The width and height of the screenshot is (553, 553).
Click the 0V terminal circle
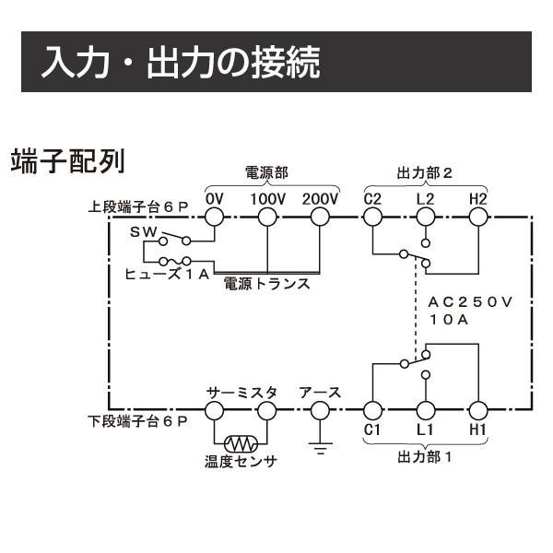click(214, 217)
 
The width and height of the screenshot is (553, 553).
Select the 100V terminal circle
click(267, 217)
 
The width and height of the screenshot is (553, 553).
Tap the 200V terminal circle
click(320, 217)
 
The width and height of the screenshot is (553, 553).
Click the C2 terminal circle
click(372, 217)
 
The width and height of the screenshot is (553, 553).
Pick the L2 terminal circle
click(425, 217)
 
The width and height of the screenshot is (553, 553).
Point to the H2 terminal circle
click(477, 217)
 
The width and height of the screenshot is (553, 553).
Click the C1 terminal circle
click(372, 410)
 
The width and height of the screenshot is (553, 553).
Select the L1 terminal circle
click(425, 410)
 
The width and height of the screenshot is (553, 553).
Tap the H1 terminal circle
click(477, 410)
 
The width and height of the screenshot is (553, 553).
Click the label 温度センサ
click(241, 463)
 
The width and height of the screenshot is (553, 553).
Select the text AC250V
click(470, 302)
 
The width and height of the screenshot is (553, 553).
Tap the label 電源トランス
click(267, 285)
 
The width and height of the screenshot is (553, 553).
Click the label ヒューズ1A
click(168, 275)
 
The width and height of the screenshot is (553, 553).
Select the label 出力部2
click(425, 172)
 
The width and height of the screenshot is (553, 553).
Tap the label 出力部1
click(425, 456)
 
